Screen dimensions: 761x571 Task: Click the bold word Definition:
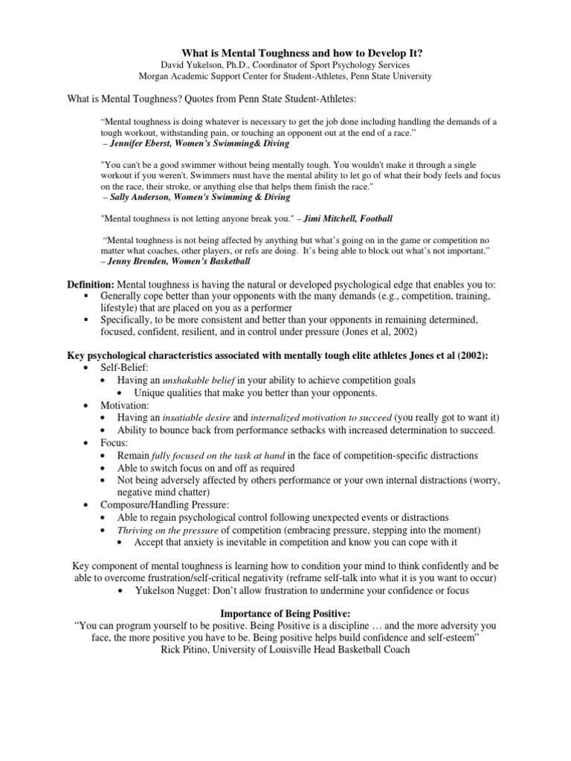pos(91,285)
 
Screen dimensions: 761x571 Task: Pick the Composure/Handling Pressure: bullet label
pos(164,505)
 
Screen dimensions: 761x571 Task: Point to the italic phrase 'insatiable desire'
pos(203,418)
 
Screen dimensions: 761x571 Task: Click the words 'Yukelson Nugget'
pos(172,591)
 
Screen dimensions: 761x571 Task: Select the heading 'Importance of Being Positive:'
pos(285,613)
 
